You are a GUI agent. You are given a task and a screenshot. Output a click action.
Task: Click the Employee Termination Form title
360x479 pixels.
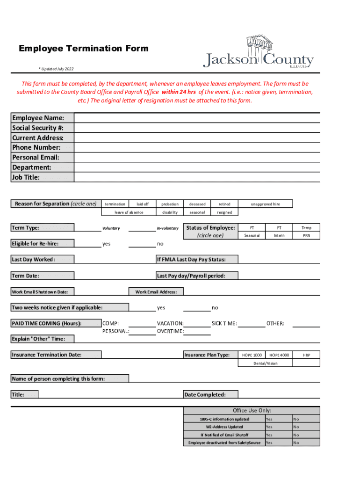(x=84, y=48)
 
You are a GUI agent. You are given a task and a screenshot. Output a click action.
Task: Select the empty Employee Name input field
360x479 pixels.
(x=197, y=117)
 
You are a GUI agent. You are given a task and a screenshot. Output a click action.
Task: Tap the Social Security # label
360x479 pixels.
(x=38, y=128)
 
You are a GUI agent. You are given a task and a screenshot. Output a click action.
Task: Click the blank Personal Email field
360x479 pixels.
(x=197, y=157)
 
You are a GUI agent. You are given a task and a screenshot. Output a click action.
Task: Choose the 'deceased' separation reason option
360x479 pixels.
(x=197, y=204)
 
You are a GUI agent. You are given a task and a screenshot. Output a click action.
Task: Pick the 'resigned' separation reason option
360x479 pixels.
(x=224, y=212)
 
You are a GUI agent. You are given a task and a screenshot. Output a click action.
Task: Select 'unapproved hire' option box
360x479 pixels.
(x=266, y=204)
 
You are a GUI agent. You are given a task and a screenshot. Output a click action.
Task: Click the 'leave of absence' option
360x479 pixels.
(x=129, y=212)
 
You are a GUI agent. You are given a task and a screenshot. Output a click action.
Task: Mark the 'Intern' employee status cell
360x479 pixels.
(x=279, y=235)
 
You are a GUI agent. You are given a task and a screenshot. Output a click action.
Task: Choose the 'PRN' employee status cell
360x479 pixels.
(x=306, y=235)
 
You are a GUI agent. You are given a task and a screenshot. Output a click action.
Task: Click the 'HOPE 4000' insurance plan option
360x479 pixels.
(x=279, y=355)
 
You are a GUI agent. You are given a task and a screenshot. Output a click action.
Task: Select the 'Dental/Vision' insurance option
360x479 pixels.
(x=266, y=363)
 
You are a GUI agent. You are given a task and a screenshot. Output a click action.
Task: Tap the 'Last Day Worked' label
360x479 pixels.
(x=33, y=259)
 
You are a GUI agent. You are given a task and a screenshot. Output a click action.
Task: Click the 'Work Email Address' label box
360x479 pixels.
(x=156, y=292)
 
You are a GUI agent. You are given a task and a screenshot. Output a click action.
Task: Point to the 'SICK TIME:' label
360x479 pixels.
(x=224, y=323)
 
